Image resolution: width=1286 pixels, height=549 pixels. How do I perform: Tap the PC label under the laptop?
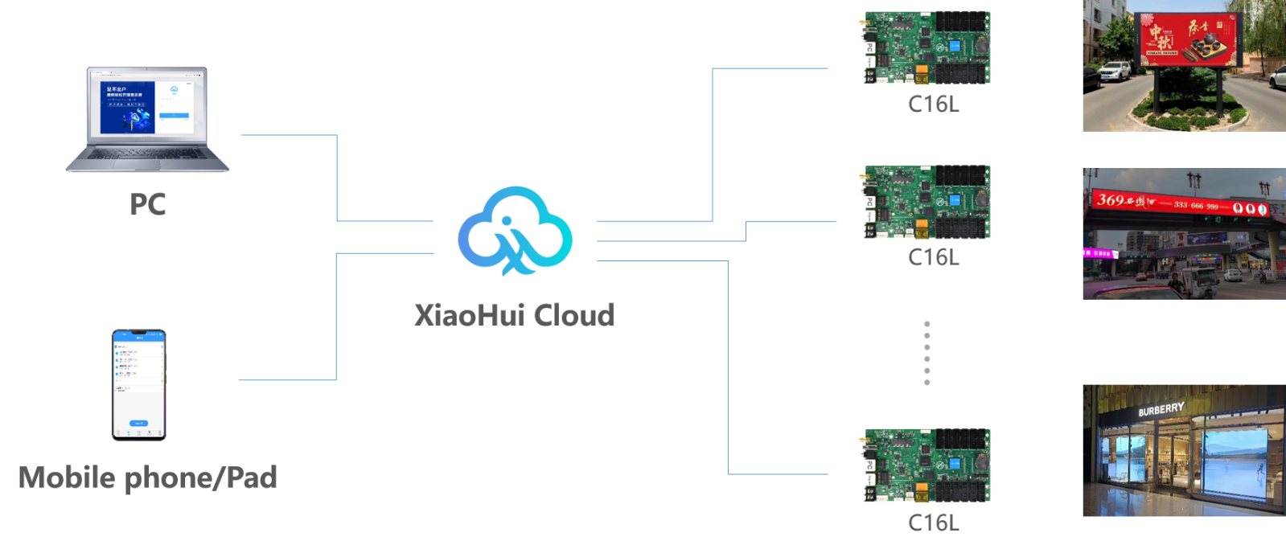(147, 204)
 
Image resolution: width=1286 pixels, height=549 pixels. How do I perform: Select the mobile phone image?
(139, 384)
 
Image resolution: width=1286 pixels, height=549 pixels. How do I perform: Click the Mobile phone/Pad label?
(148, 477)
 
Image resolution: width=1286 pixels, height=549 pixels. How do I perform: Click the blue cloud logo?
(515, 231)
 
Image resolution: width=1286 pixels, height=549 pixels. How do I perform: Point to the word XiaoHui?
(469, 314)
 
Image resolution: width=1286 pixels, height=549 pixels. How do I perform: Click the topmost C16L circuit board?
(925, 47)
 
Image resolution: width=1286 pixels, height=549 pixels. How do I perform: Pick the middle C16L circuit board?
(925, 202)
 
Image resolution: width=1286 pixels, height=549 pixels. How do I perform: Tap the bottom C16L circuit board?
(925, 465)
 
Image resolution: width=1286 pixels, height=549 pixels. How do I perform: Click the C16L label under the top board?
(933, 104)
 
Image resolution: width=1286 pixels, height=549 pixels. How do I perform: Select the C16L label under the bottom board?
(933, 522)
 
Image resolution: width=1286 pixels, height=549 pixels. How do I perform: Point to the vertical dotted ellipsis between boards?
(926, 353)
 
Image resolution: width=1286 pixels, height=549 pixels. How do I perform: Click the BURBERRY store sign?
(1161, 410)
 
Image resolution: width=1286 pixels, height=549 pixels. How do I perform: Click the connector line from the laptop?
(336, 177)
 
